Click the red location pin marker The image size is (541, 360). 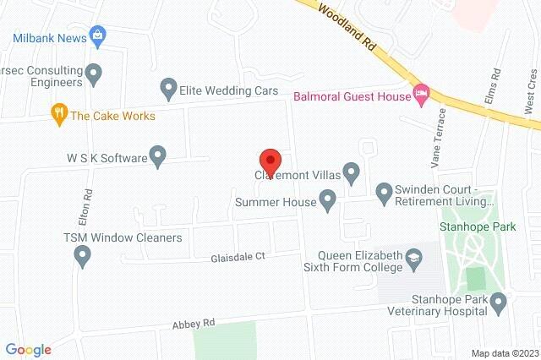270,159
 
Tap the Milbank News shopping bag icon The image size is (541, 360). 99,35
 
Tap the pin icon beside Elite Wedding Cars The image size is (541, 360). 167,87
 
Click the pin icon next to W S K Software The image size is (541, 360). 157,155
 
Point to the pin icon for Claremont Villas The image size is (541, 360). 352,173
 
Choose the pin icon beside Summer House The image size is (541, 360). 328,200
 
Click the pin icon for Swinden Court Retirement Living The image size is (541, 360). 384,194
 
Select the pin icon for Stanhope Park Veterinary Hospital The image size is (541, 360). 498,303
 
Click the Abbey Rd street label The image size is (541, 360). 195,322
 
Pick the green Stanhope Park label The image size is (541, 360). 472,227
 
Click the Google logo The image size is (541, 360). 28,349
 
